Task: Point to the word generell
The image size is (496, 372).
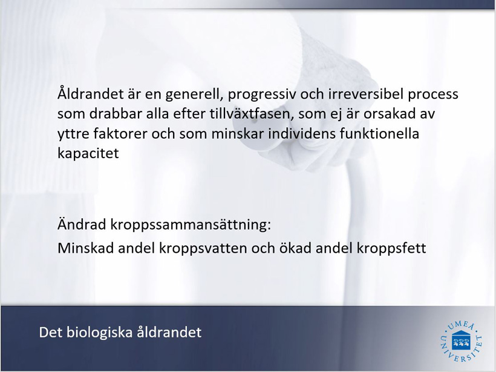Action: point(194,95)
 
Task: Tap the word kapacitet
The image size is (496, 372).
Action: point(88,154)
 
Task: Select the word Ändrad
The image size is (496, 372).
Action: point(82,224)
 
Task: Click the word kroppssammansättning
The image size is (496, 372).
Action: point(191,225)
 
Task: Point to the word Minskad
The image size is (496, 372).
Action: point(85,248)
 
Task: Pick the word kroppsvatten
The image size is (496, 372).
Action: point(203,248)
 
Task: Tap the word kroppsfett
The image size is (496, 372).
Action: point(391,248)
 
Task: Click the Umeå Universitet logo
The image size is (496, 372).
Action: point(462,341)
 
